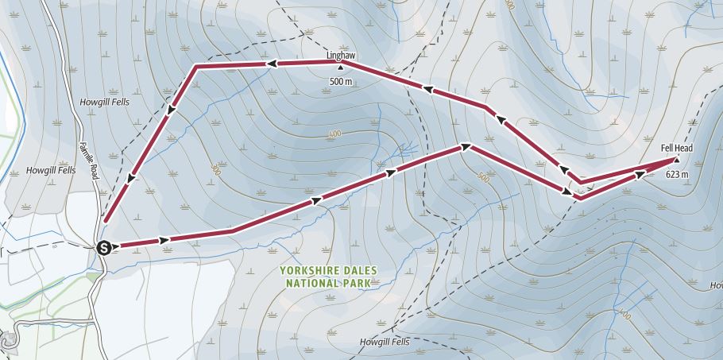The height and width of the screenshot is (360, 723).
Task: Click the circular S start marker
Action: point(103,247)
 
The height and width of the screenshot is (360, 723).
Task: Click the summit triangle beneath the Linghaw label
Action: point(342,68)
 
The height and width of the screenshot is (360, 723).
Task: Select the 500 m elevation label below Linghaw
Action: point(342,81)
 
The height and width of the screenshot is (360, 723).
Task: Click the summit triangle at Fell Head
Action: point(676,159)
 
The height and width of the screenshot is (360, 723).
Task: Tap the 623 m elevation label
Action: point(676,173)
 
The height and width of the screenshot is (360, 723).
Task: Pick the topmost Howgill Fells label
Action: point(104,102)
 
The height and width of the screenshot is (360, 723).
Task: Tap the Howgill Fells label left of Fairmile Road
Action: point(51,170)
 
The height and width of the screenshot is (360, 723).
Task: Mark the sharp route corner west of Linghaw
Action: point(196,68)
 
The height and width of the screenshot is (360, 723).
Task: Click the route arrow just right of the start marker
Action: point(165,239)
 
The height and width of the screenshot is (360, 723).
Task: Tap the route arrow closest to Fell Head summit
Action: point(640,173)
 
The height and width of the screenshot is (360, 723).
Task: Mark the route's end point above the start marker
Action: point(104,220)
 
